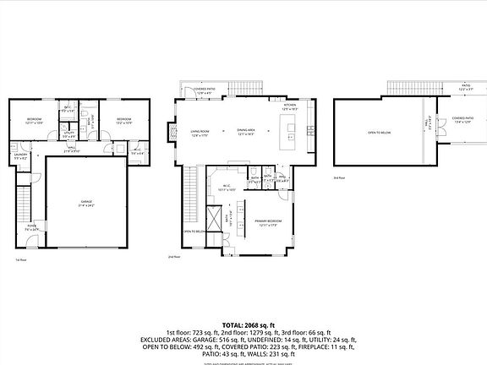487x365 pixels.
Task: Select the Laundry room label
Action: (20, 157)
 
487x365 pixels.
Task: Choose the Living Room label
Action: (200, 132)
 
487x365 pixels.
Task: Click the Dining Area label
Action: (246, 132)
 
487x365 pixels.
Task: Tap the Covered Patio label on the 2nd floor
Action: (203, 90)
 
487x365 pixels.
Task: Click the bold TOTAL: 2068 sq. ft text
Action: (243, 324)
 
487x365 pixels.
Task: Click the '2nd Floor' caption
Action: (175, 256)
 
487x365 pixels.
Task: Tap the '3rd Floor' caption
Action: (338, 178)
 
